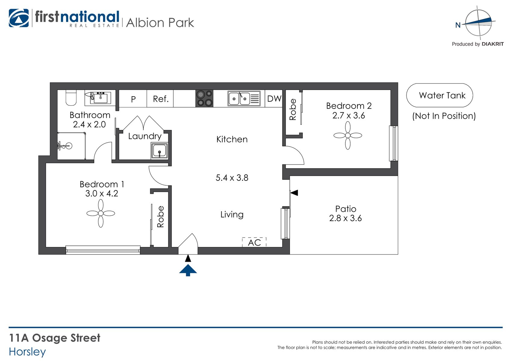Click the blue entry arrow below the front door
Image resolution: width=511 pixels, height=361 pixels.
point(188,270)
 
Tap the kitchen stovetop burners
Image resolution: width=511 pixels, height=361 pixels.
point(204,98)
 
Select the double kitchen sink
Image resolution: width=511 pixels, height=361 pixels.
point(244,98)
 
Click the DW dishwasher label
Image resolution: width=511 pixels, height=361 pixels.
point(274,99)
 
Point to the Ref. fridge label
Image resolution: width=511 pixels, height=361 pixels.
point(161,99)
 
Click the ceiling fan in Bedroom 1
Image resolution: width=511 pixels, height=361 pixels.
point(101,213)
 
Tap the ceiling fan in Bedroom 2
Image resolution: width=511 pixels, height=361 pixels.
point(348,135)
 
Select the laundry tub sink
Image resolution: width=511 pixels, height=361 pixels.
point(160,151)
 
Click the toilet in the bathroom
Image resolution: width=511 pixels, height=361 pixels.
point(71,97)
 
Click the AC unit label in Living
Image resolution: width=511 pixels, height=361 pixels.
point(254,242)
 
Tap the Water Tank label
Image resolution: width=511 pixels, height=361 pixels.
point(442,95)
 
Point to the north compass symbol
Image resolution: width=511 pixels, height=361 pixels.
point(478,23)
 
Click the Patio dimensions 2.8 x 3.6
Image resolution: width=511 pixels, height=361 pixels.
point(345,218)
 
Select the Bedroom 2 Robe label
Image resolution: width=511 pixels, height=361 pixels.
point(293,110)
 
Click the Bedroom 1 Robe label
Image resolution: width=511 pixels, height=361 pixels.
point(160,217)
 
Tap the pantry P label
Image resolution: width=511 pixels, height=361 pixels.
point(133,99)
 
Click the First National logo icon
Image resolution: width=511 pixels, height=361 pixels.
point(19,18)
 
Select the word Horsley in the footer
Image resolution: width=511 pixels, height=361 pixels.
point(27,352)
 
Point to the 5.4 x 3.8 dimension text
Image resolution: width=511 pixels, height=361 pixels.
point(232,178)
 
